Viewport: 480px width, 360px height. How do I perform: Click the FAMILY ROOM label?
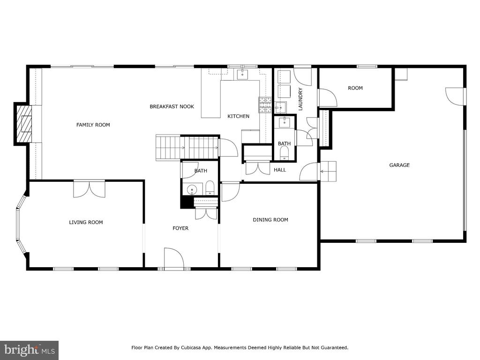point(93,125)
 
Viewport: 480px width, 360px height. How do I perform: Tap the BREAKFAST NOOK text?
point(172,106)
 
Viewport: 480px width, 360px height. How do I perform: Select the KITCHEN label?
point(239,116)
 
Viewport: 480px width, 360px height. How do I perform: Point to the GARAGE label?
point(399,165)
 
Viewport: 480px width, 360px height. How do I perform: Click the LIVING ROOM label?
point(86,222)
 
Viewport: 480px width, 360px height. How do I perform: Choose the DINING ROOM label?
point(270,219)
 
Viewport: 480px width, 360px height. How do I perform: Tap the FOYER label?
point(180,228)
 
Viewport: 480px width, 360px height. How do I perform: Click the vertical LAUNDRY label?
point(300,99)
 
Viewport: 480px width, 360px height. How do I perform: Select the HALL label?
point(280,170)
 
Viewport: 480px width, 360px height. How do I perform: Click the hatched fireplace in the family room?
point(24,124)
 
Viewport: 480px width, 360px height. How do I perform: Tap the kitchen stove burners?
point(265,105)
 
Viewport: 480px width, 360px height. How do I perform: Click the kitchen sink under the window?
point(242,74)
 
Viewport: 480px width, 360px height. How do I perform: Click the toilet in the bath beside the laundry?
point(285,152)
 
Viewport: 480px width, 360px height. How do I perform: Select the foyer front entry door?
point(174,259)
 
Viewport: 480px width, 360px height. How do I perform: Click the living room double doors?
point(89,189)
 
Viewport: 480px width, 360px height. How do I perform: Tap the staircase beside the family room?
point(187,148)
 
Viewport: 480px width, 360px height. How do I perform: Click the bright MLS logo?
point(30,349)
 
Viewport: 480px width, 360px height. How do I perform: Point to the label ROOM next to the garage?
point(355,88)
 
